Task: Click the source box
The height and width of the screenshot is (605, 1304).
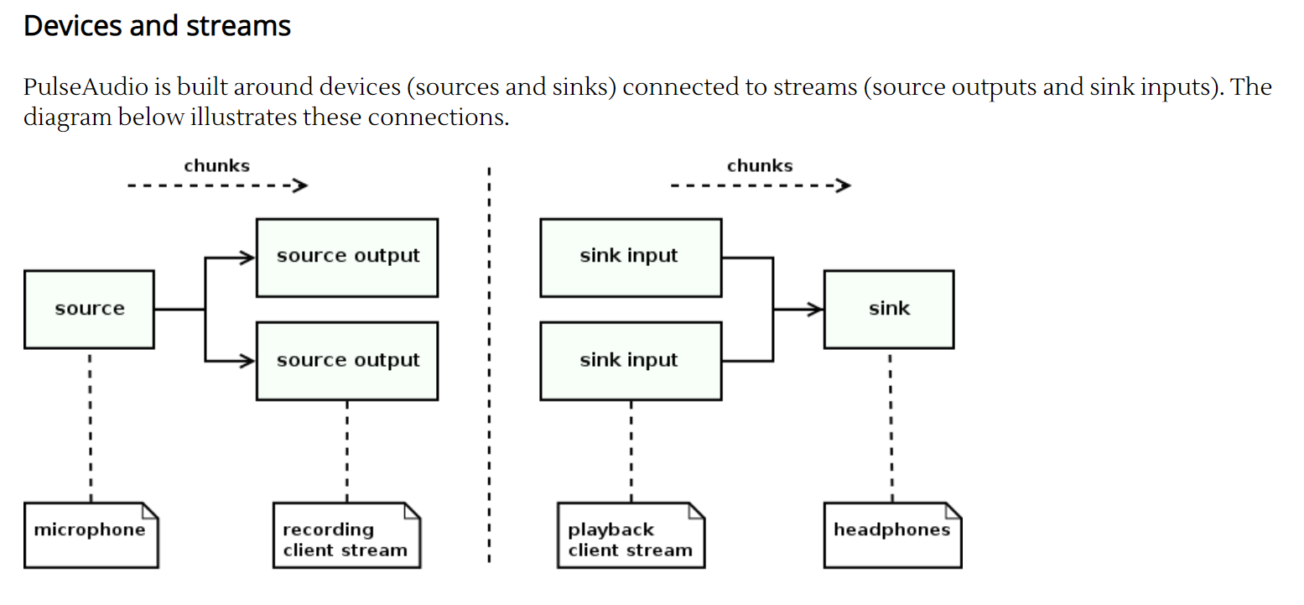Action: pos(89,309)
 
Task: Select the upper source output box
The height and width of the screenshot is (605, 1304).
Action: pos(346,257)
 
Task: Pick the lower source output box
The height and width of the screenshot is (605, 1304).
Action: pos(346,361)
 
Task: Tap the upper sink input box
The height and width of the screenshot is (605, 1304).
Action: pos(630,257)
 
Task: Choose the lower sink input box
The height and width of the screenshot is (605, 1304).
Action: pos(630,361)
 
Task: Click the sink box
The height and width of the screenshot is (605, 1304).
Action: pos(888,309)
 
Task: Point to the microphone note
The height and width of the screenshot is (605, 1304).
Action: pos(90,535)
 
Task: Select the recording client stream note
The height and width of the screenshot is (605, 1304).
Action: pos(345,535)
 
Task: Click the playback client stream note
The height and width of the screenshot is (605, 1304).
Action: pos(631,535)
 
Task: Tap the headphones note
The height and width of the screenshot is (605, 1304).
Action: pos(891,535)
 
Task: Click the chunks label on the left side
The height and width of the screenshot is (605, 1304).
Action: pos(216,166)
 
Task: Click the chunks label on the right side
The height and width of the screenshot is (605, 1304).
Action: pos(759,166)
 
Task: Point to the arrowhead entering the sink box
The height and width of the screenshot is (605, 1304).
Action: pos(815,310)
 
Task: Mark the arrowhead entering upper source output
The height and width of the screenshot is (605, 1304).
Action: pos(247,258)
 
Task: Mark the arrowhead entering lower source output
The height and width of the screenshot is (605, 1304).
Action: pos(247,362)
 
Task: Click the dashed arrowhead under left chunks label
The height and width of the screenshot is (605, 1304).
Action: pos(301,185)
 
